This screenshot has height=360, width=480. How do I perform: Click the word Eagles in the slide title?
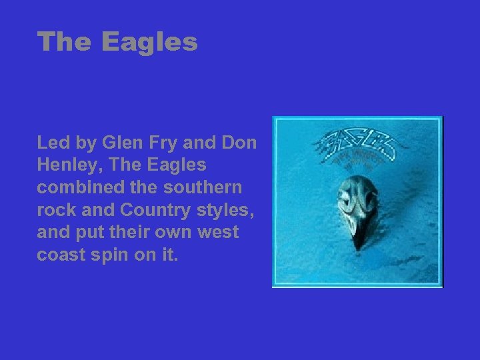(x=150, y=42)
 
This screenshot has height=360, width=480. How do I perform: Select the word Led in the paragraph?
(x=52, y=142)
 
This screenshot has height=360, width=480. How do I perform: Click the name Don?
(x=241, y=142)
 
